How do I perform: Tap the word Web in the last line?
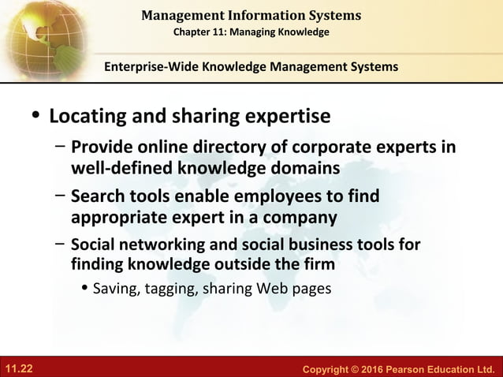(x=274, y=289)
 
